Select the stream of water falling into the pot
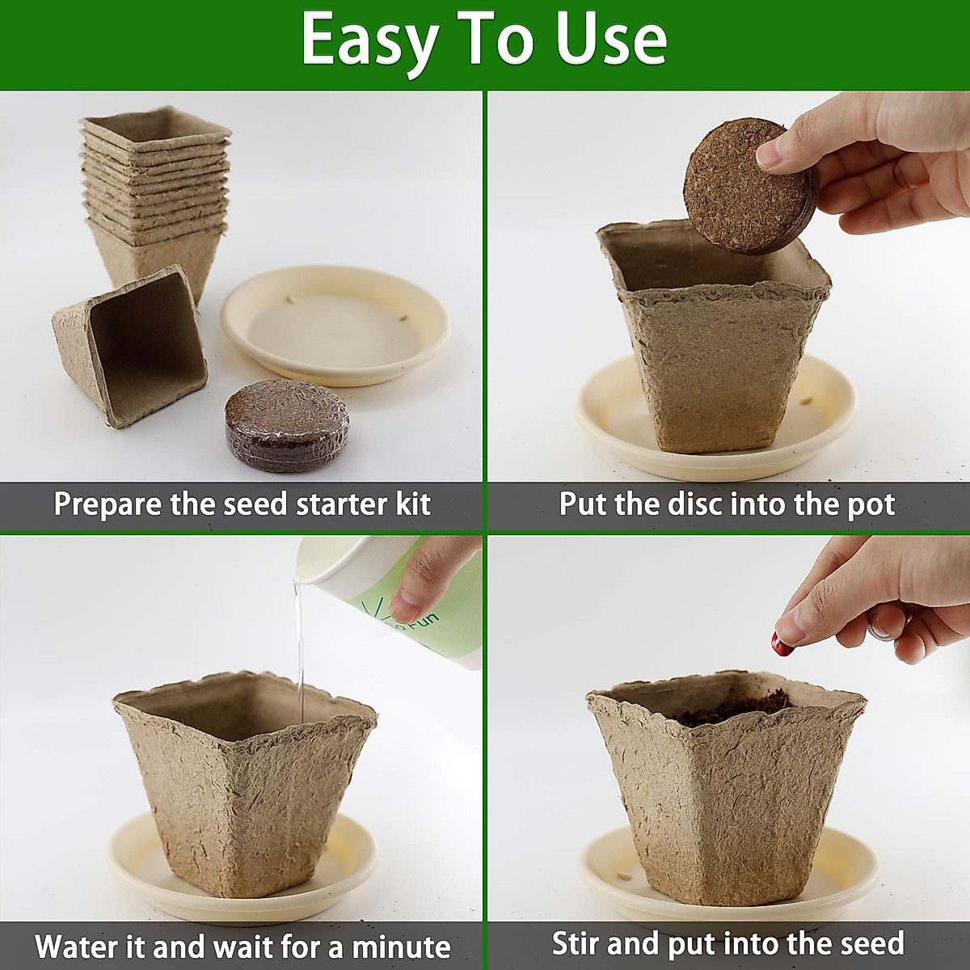tap(299, 647)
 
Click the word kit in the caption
tap(412, 504)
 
